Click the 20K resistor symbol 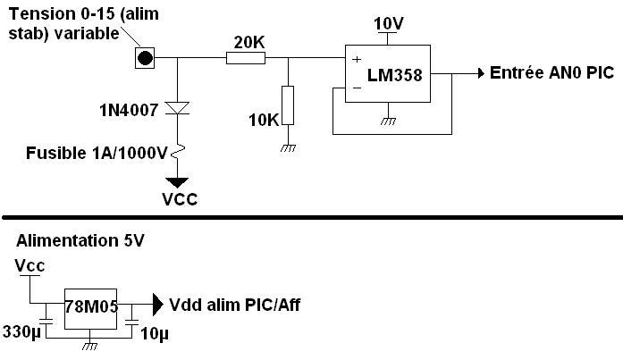(x=245, y=58)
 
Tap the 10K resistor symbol (x=288, y=105)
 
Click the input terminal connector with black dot (x=146, y=58)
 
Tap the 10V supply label (x=389, y=21)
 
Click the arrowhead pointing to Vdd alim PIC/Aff (x=156, y=304)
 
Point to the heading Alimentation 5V (x=80, y=241)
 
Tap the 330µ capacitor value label (x=23, y=332)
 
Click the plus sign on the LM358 (x=356, y=59)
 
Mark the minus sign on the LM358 (x=356, y=88)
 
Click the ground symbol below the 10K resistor (x=288, y=147)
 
